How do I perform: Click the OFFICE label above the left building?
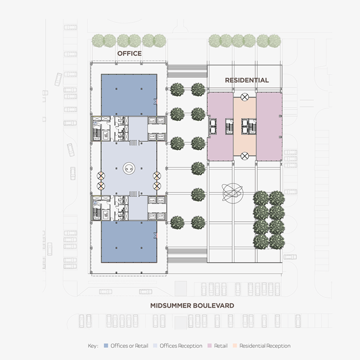click(x=129, y=53)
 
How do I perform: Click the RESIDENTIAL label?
click(x=247, y=80)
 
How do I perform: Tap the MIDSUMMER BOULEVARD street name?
click(x=192, y=305)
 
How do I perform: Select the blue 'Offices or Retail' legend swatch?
click(x=106, y=346)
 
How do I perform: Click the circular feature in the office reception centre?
click(x=129, y=167)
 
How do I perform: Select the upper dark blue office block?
click(x=129, y=95)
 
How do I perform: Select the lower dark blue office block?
click(x=129, y=241)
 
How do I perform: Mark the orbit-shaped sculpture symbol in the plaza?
click(x=232, y=193)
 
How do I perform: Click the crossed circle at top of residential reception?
click(x=245, y=96)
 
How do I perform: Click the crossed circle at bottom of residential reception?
click(x=245, y=156)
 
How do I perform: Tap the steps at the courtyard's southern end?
click(x=187, y=255)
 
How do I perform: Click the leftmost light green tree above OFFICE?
click(x=97, y=41)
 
